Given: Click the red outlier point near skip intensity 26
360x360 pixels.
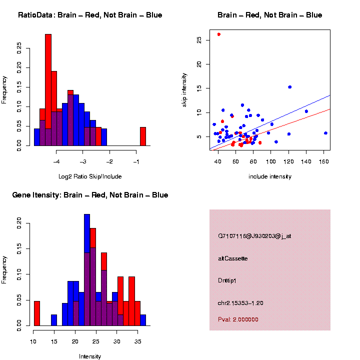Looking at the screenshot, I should [x=219, y=34].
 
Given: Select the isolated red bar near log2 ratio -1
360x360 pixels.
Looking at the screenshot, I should [x=142, y=136].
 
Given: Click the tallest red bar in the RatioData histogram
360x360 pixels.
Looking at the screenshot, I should [x=48, y=90].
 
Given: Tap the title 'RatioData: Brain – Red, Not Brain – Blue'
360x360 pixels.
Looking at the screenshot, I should [x=90, y=15].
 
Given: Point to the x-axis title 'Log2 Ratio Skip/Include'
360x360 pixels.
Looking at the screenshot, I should [x=90, y=176].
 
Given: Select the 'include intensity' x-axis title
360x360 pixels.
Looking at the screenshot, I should [x=270, y=176].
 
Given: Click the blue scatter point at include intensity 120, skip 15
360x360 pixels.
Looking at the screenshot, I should [x=289, y=87].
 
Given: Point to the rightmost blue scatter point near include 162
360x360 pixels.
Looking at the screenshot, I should [x=325, y=133].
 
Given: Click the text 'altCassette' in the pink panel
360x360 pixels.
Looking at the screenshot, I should [x=233, y=258].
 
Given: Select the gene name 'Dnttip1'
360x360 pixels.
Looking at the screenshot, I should [x=227, y=280].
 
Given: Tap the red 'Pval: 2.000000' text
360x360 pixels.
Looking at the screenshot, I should [x=238, y=319].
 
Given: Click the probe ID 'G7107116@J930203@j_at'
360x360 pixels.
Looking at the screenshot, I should [x=254, y=236].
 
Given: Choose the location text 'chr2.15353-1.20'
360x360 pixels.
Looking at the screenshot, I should [x=240, y=302].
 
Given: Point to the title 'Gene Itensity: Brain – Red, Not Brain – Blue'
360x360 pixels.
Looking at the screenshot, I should [x=90, y=195].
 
